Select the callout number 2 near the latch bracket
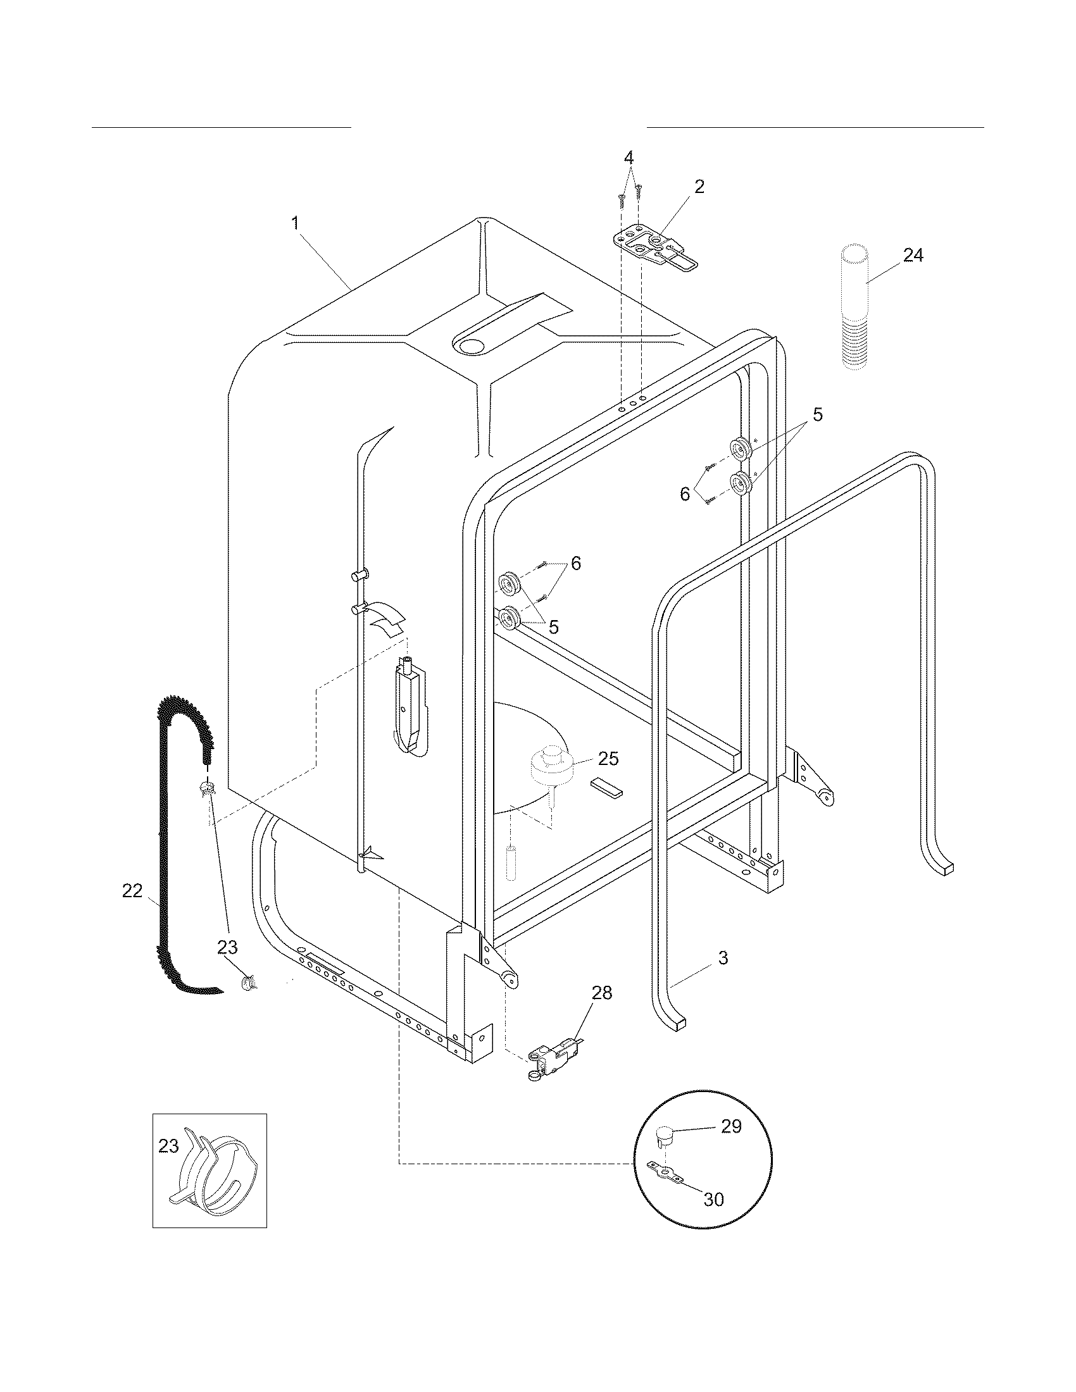[x=699, y=187]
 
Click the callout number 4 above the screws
[x=629, y=157]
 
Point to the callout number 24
[x=913, y=255]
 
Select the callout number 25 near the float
[x=608, y=759]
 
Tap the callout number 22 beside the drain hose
[x=132, y=891]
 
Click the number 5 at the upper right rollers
[x=817, y=414]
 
